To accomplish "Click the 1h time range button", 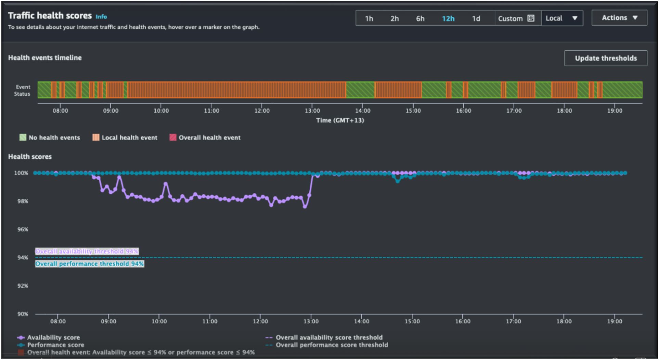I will pos(369,18).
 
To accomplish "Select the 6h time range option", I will pos(420,18).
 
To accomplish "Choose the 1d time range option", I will pos(476,18).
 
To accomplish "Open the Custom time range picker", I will pos(516,18).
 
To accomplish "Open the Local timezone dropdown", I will pos(562,18).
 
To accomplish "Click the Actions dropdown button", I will pos(619,18).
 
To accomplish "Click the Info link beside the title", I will pos(101,17).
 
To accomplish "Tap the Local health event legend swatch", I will pos(96,138).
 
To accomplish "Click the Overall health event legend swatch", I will pos(173,138).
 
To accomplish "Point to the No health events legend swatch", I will pos(23,138).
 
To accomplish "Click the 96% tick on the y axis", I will pos(23,229).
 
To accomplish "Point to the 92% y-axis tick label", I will pos(23,286).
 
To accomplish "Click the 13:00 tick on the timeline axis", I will pos(312,111).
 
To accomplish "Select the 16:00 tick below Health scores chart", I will pos(463,321).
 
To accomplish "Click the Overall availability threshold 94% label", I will pos(87,252).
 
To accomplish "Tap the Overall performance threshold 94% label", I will pos(90,264).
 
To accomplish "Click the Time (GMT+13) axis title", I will pos(340,120).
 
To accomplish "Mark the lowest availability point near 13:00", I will pos(305,207).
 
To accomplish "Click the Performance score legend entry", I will pos(55,345).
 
